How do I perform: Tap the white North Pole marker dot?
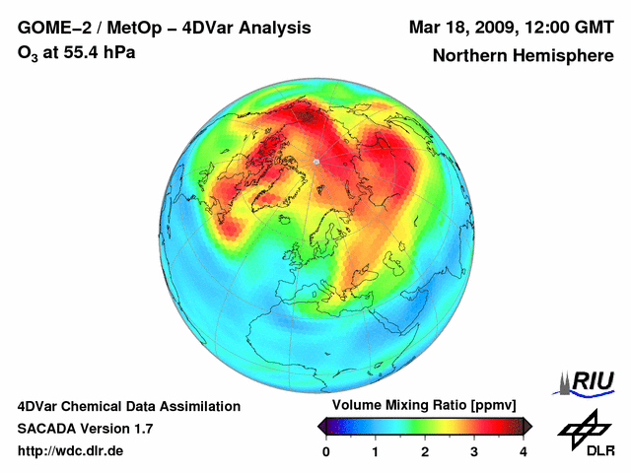click(315, 161)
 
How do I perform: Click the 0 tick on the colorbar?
click(326, 451)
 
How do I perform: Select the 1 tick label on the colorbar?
click(376, 451)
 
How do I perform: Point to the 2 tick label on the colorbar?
click(425, 451)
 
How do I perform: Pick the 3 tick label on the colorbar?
click(474, 451)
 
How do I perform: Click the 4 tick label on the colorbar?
click(524, 451)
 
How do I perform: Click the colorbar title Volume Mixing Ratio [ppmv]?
click(424, 406)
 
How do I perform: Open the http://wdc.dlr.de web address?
click(71, 451)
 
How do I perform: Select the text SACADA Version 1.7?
click(85, 429)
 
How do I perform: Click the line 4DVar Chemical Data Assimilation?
click(128, 406)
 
